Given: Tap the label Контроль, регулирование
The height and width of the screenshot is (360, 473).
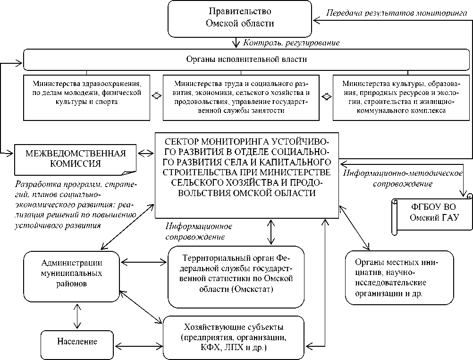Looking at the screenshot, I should pos(291,43).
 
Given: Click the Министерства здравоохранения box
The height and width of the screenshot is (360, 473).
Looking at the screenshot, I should pos(87,96).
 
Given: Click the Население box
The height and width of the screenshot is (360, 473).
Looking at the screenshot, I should pos(77,341).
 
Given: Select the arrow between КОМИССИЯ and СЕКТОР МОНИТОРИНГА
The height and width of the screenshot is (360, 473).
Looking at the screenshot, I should pos(145,153).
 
